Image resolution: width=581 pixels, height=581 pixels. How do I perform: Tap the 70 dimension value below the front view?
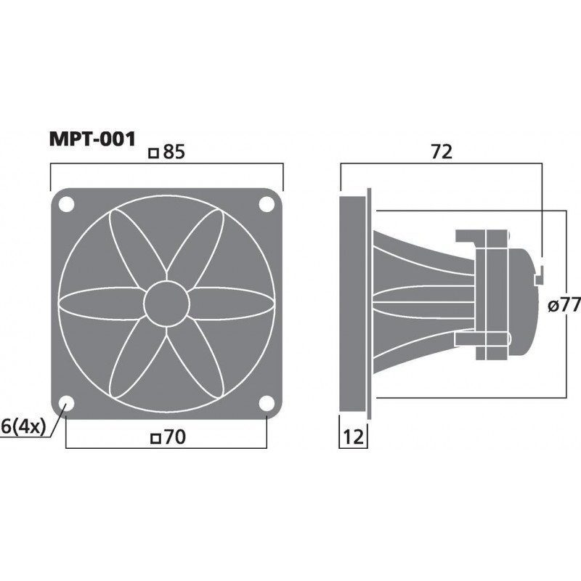171,437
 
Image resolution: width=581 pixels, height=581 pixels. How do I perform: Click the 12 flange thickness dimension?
352,437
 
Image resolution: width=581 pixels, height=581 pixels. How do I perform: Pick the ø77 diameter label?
563,306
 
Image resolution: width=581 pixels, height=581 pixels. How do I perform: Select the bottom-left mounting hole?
66,405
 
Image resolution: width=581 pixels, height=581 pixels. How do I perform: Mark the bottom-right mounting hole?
267,405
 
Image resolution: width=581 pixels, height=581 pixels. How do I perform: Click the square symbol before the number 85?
153,153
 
